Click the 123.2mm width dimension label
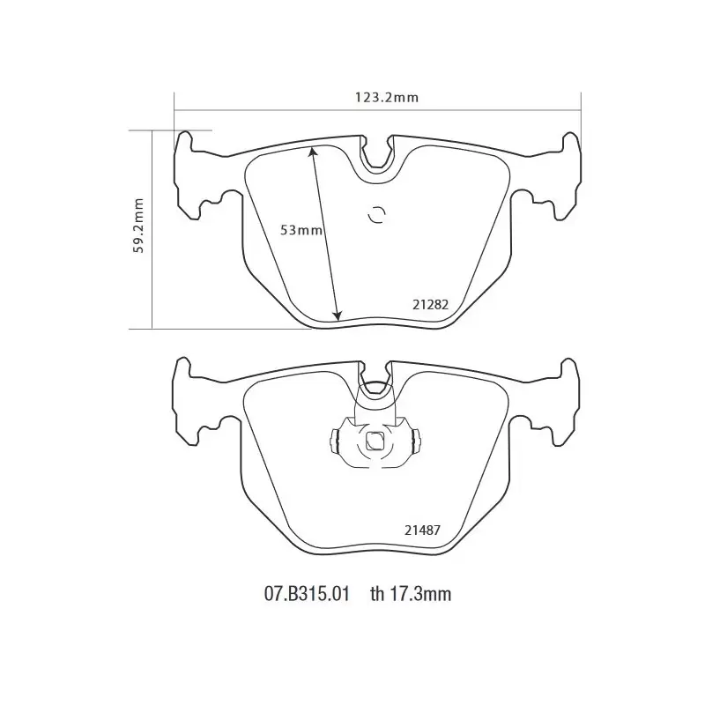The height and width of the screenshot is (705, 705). coord(387,97)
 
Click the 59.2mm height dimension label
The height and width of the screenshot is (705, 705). coord(138,226)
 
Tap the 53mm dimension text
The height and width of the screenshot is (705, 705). coord(301,230)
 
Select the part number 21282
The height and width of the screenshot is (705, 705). coord(430,305)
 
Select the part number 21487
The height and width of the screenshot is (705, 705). coord(422,531)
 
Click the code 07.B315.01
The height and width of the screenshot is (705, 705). coord(306,594)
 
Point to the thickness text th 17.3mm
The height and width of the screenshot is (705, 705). coord(411,594)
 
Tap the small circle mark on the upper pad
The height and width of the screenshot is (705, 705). coord(376,215)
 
